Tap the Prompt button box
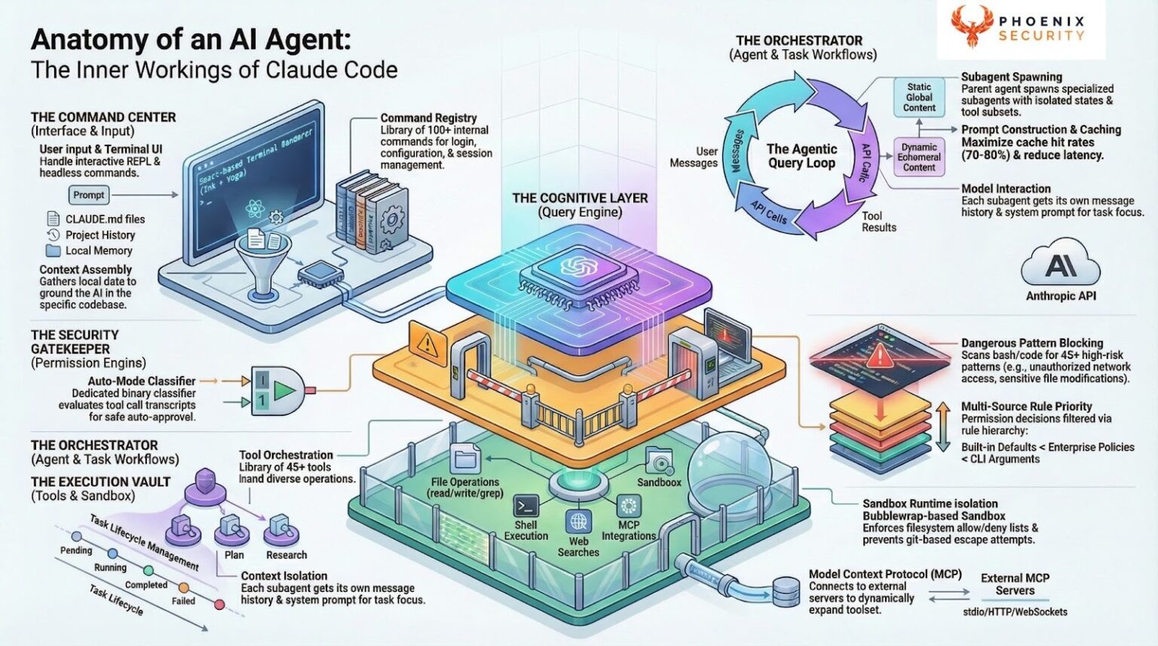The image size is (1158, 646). pyautogui.click(x=89, y=195)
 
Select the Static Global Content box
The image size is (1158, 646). pyautogui.click(x=919, y=97)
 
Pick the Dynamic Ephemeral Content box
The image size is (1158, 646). pyautogui.click(x=919, y=157)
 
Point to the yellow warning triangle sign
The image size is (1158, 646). pyautogui.click(x=427, y=344)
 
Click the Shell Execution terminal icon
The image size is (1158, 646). pyautogui.click(x=525, y=506)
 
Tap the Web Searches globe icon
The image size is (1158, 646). pyautogui.click(x=578, y=522)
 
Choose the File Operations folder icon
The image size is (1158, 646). pyautogui.click(x=465, y=458)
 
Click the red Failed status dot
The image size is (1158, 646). pyautogui.click(x=219, y=605)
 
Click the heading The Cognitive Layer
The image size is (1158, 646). pyautogui.click(x=580, y=198)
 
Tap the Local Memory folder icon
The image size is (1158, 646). pyautogui.click(x=53, y=250)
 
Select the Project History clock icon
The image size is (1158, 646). pyautogui.click(x=53, y=234)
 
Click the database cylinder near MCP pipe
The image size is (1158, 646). pyautogui.click(x=786, y=591)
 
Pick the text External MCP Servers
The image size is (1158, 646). pyautogui.click(x=1015, y=584)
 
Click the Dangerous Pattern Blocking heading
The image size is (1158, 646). pyautogui.click(x=1031, y=343)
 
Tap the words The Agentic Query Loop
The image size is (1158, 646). pyautogui.click(x=801, y=156)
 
